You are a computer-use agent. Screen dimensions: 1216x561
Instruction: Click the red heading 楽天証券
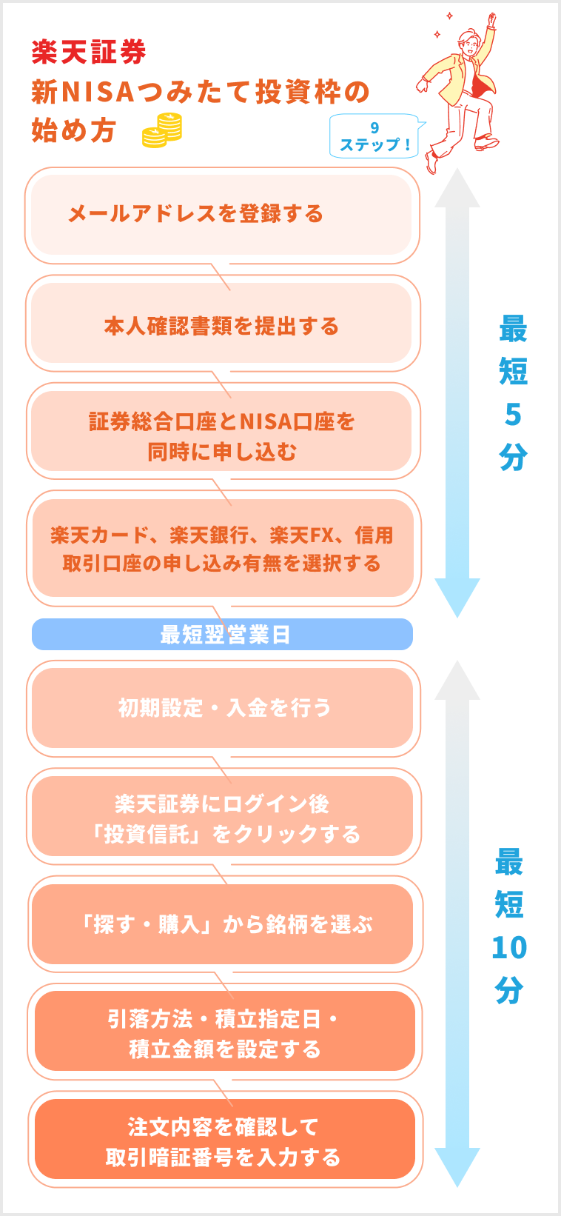(89, 52)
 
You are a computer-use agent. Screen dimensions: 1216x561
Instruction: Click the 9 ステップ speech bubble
(374, 136)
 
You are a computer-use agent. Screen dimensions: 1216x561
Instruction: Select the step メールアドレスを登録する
(195, 214)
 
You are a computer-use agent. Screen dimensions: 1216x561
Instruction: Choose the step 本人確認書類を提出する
(221, 326)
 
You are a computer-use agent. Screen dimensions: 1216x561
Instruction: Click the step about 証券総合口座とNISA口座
(221, 435)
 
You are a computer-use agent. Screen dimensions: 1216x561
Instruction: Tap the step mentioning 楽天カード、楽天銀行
(221, 549)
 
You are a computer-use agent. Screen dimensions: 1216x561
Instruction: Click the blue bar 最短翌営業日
(223, 635)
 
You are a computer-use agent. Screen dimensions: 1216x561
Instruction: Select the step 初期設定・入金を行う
(223, 708)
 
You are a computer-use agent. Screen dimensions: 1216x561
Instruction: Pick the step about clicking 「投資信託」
(223, 818)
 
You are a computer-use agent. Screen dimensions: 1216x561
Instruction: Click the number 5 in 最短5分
(512, 415)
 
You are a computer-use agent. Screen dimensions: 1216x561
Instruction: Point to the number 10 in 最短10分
(509, 948)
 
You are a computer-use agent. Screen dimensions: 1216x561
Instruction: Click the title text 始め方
(73, 130)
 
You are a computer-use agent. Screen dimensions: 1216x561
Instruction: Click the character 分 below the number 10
(509, 989)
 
